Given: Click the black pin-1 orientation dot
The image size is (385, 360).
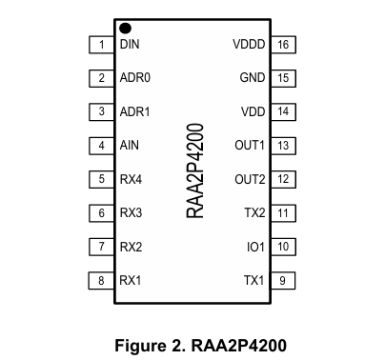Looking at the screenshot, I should (x=125, y=29).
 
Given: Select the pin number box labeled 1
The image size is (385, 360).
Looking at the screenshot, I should (x=101, y=45).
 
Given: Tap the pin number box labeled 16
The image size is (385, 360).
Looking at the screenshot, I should (x=283, y=45).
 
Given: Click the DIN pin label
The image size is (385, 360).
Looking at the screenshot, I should (x=131, y=45).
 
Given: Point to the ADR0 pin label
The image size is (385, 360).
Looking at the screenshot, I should (x=135, y=78).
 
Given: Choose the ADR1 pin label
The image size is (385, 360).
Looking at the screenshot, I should (x=135, y=111).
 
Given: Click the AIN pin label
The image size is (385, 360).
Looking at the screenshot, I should (x=130, y=146).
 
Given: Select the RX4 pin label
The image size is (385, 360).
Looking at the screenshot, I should (x=132, y=179).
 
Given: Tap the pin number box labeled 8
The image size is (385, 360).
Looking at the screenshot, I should (x=101, y=280).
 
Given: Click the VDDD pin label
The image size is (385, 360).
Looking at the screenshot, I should (x=249, y=45).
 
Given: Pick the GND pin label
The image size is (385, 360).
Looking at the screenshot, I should (x=252, y=78).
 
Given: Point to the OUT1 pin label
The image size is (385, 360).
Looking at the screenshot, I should (x=250, y=146).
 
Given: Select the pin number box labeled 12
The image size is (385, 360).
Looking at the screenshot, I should (x=283, y=179).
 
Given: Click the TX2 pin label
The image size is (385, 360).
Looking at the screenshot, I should (x=254, y=213).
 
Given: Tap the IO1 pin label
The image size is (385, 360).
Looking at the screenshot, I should (x=255, y=247).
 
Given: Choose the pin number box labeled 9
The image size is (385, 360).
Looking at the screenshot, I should (x=283, y=280).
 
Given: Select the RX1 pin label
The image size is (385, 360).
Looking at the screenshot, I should (x=132, y=280).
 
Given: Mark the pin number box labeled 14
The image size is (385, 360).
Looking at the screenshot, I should (x=283, y=111).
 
